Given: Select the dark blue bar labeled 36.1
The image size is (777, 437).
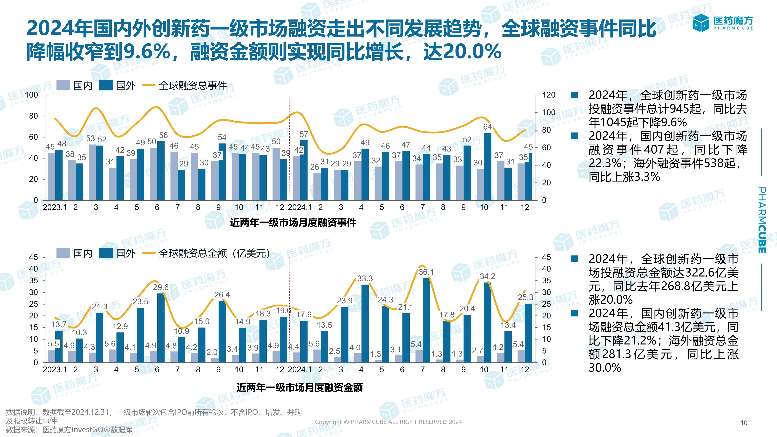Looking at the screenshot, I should click(426, 320).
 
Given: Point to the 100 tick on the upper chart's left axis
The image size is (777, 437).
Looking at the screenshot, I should click(32, 95).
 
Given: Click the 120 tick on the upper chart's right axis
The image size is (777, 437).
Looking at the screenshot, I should click(549, 95).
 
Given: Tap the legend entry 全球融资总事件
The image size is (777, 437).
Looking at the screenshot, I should click(193, 86).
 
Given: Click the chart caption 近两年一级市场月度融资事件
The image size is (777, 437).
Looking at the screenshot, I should click(293, 223).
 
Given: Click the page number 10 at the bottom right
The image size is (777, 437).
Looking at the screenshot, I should click(744, 423).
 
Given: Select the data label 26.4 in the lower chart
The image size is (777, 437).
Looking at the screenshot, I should click(222, 295).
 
